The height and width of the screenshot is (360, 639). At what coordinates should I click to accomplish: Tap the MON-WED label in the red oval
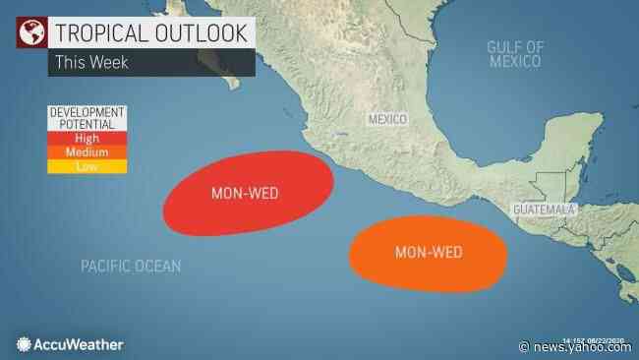click(245, 193)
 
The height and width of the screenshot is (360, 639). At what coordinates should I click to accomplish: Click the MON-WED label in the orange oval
click(429, 253)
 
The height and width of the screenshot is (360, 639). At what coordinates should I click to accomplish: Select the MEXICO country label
click(386, 118)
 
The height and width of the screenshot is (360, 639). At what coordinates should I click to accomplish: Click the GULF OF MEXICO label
click(515, 54)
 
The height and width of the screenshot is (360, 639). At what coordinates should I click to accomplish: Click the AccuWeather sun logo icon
click(25, 343)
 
